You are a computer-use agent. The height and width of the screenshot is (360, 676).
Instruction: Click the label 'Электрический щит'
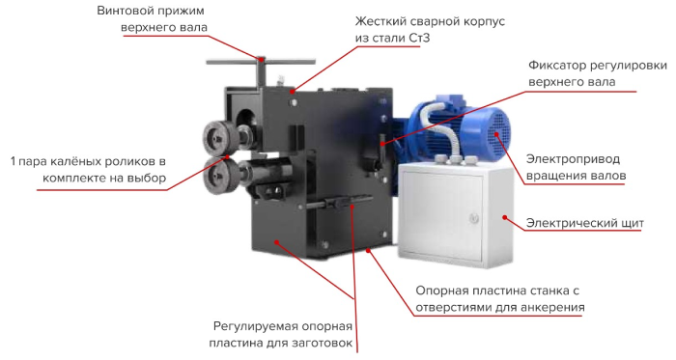584,224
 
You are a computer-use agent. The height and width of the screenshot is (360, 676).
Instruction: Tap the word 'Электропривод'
573,159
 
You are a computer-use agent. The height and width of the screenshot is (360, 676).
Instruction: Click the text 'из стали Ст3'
392,38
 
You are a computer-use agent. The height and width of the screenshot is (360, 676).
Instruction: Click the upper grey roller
221,137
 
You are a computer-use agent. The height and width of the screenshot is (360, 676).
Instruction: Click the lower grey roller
222,176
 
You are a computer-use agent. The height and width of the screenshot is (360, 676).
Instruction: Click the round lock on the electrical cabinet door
473,218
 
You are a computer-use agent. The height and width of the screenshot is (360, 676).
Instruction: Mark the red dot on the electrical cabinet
504,218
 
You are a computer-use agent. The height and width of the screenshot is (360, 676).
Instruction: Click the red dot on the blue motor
496,134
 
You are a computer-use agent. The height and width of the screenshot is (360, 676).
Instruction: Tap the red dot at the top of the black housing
293,92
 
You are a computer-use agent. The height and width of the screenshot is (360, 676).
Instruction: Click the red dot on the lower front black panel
276,242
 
